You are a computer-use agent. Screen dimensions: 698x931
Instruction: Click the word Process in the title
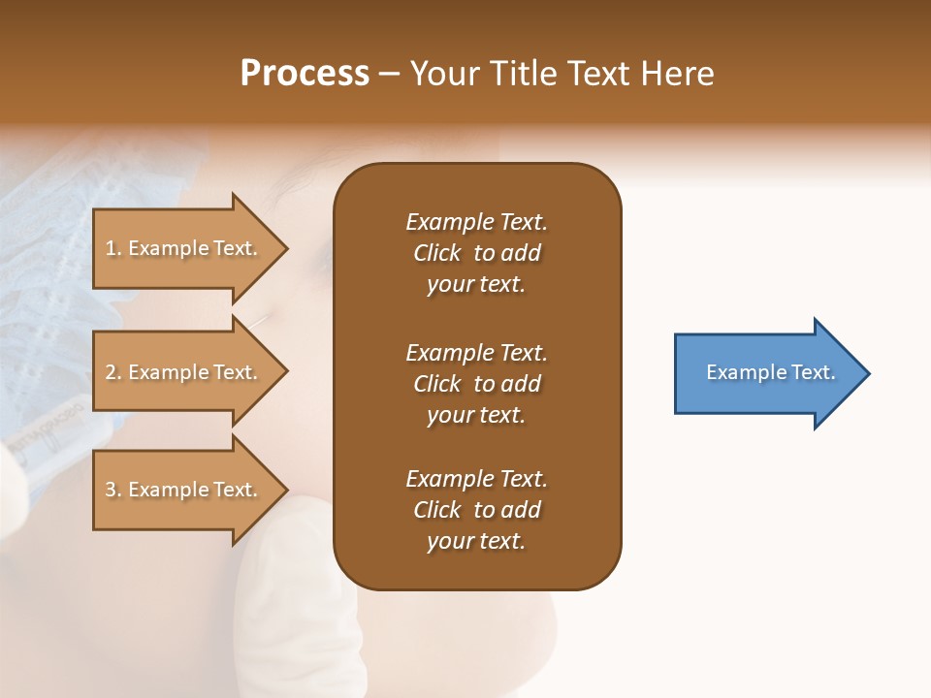tap(305, 74)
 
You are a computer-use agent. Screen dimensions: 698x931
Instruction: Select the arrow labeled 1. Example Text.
tap(184, 248)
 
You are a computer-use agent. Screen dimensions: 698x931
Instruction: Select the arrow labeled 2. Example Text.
tap(184, 372)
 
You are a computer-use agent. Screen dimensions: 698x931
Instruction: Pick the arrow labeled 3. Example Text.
tap(184, 490)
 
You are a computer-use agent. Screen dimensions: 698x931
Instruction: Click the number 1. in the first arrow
tap(113, 248)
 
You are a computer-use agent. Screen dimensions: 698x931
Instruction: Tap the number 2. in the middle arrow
tap(113, 372)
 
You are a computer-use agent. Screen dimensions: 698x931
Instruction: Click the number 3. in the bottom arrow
tap(113, 490)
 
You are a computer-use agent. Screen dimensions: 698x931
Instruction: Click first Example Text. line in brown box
tap(476, 222)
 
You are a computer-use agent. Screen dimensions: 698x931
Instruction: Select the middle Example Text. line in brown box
tap(476, 353)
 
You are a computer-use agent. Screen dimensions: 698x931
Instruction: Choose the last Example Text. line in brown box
tap(476, 479)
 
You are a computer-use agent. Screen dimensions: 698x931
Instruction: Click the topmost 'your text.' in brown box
tap(476, 285)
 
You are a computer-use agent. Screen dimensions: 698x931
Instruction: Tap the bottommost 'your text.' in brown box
tap(476, 542)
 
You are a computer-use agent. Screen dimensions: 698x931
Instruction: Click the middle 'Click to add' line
tap(476, 384)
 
